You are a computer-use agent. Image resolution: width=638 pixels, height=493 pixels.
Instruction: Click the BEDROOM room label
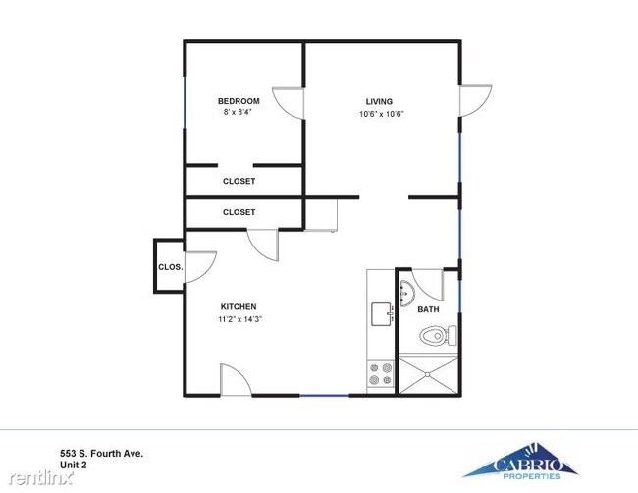tap(239, 101)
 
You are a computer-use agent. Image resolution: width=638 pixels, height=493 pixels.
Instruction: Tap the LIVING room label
tap(379, 101)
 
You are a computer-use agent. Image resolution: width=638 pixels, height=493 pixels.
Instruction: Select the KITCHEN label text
tap(239, 307)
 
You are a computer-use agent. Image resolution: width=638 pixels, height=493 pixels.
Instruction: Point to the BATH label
tap(428, 309)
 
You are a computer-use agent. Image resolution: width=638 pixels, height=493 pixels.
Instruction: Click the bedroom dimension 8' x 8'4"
tap(239, 114)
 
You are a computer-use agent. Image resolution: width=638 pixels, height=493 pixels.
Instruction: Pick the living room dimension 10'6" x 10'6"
tap(381, 114)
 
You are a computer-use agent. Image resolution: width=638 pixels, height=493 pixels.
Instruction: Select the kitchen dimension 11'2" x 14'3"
tap(239, 319)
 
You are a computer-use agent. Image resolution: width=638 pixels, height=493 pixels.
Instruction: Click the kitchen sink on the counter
tap(381, 313)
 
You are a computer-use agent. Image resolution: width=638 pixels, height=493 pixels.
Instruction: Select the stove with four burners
tap(380, 375)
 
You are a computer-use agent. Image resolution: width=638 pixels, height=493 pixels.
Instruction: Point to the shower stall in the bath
tap(426, 374)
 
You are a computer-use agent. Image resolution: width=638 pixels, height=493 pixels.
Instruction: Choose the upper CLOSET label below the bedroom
tap(239, 181)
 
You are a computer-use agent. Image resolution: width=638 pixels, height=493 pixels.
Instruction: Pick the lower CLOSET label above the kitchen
tap(239, 212)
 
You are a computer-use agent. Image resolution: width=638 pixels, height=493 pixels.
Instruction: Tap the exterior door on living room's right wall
tap(475, 99)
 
